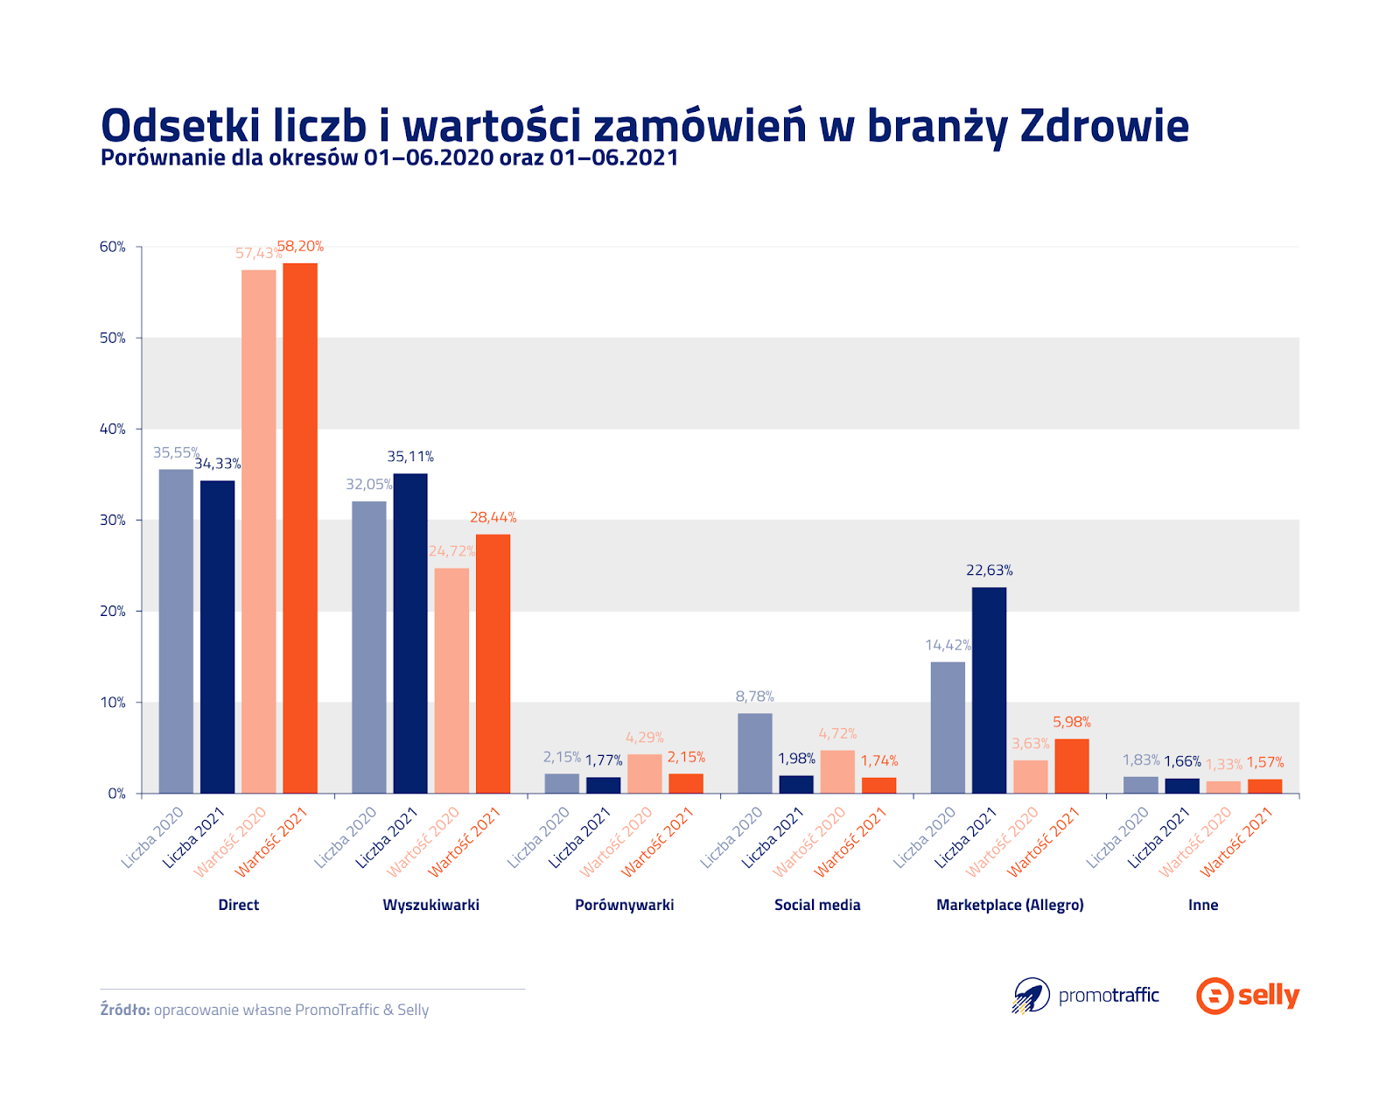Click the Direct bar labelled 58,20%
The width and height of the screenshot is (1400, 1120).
300,528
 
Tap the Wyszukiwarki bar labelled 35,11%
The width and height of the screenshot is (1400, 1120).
410,633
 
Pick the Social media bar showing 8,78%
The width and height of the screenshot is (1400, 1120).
754,753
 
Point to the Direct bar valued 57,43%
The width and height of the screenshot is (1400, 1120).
259,531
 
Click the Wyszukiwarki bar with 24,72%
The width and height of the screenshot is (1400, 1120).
451,681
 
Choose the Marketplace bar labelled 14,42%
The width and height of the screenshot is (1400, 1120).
948,727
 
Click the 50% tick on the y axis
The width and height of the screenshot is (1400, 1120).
113,338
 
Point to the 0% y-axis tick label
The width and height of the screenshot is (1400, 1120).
116,794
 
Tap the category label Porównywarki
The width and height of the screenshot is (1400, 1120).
624,905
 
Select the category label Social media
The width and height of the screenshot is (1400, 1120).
817,905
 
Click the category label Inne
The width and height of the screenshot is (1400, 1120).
1203,905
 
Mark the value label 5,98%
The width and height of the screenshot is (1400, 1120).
1072,723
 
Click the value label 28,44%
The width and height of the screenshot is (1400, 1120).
493,518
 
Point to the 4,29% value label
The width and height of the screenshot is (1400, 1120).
645,738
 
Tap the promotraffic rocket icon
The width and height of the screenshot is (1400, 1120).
1032,996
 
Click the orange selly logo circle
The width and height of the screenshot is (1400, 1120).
1214,996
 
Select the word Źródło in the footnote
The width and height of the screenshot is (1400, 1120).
125,1010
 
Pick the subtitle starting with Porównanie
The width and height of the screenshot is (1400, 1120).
389,158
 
